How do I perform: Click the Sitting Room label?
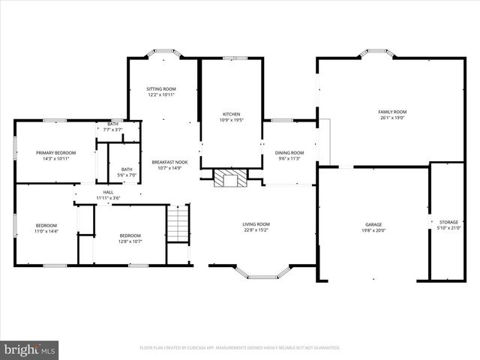tap(160, 91)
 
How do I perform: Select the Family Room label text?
tap(391, 114)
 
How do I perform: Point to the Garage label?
tap(373, 227)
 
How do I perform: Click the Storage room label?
tap(448, 225)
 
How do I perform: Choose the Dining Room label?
tap(289, 155)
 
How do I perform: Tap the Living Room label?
tap(256, 227)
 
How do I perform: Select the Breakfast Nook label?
tap(169, 165)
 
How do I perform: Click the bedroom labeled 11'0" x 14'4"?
tap(46, 229)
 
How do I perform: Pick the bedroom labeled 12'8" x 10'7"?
tap(130, 239)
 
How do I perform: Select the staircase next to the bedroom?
tap(177, 223)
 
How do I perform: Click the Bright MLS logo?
tap(30, 349)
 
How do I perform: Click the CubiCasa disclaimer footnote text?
tap(240, 348)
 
